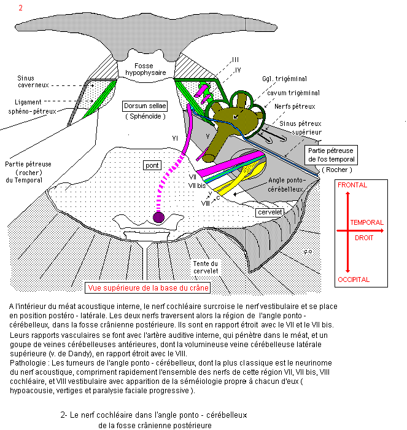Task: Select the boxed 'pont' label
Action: [151, 165]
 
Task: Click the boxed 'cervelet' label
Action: [270, 213]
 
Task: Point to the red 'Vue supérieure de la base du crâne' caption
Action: [148, 287]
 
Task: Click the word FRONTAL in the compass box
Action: [352, 185]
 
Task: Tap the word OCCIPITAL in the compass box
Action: [353, 279]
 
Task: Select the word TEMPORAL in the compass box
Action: [366, 222]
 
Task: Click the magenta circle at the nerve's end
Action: [158, 216]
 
